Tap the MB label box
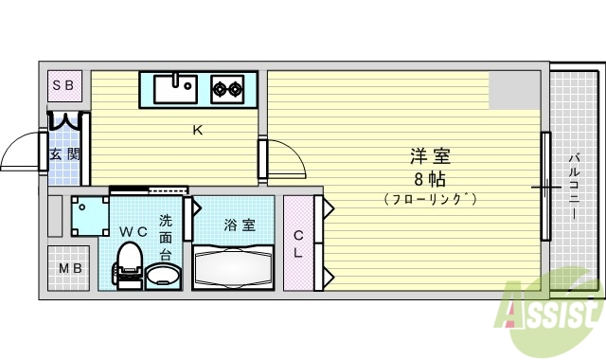(x=71, y=269)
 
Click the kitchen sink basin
(x=174, y=89)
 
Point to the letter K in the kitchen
(x=198, y=131)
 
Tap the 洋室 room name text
(x=429, y=156)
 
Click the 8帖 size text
(x=429, y=178)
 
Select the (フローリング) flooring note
(x=429, y=199)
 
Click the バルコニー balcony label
(x=575, y=186)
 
